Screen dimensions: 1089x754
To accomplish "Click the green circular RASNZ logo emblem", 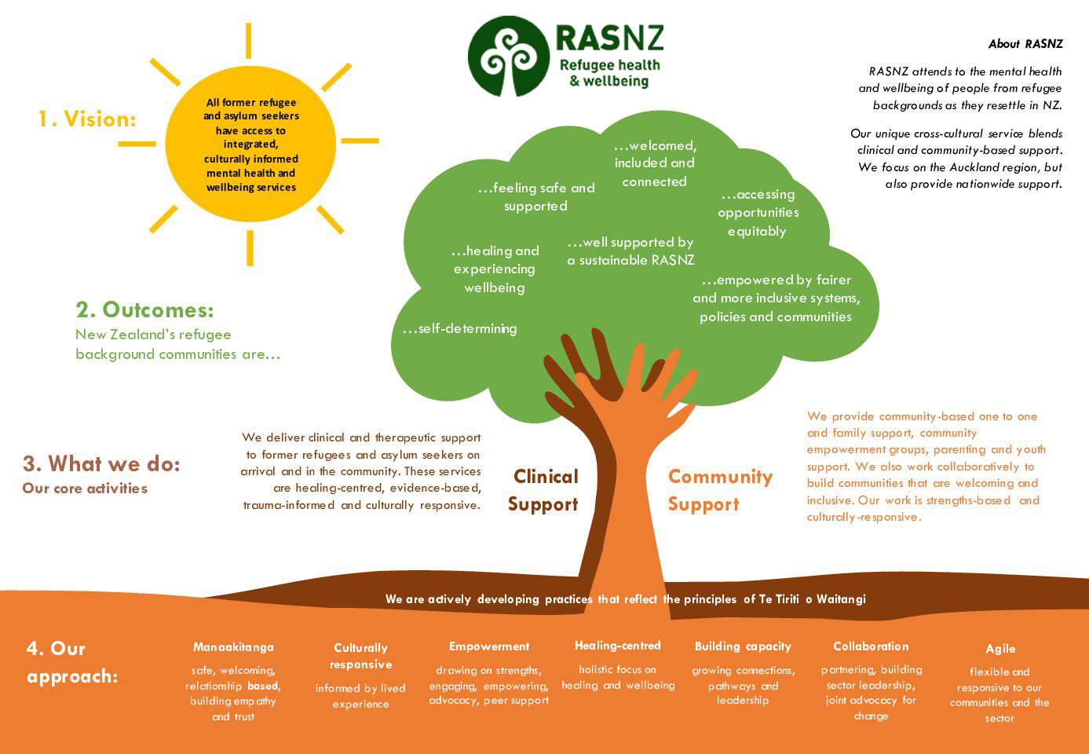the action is coord(509,56).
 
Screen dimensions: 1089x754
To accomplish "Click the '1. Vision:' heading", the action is coord(87,119).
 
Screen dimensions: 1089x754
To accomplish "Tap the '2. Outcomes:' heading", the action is coord(145,310).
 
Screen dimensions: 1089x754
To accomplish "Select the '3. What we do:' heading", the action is coord(101,463).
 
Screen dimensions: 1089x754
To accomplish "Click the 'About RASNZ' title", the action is coord(1026,44).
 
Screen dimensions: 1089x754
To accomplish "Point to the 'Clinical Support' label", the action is coord(543,490).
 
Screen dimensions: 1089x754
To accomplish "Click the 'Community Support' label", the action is coord(720,490).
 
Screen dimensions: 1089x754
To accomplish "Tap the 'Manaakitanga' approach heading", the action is coord(233,647).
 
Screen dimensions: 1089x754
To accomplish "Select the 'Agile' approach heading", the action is coord(1000,649).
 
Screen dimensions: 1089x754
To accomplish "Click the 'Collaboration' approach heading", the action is coord(871,646).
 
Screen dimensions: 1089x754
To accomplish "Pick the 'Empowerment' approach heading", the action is coord(489,646).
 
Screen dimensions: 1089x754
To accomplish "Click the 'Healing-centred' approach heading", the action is coord(617,646).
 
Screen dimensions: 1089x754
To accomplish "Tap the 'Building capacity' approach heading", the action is coord(743,646).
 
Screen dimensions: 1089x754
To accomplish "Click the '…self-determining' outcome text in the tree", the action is coord(460,329).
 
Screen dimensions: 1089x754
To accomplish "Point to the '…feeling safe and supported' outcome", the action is coord(536,197).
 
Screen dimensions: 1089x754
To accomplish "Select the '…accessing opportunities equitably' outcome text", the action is coord(758,213).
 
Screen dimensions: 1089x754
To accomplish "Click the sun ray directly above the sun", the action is coord(248,40).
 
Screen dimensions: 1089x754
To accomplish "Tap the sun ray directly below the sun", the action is coord(250,248).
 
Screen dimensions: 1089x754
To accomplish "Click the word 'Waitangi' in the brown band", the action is coord(841,599).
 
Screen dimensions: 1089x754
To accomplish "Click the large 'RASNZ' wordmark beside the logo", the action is coord(609,38).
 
